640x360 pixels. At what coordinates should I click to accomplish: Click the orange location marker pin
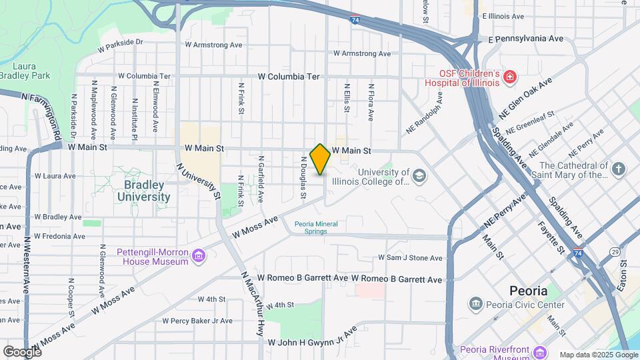coord(320,159)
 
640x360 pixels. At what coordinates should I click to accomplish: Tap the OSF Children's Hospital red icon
coord(510,78)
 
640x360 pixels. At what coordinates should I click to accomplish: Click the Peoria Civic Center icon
coord(476,305)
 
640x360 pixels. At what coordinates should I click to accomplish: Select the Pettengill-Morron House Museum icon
coord(198,257)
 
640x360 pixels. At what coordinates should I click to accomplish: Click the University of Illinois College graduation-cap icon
coord(419,176)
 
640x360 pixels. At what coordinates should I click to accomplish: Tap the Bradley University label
coord(144,191)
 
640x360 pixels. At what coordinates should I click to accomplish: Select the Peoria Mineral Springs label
coord(311,227)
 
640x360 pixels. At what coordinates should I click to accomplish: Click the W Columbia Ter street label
coord(289,77)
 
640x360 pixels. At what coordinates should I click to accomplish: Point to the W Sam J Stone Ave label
coord(410,257)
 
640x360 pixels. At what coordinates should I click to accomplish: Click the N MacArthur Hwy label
coord(253,304)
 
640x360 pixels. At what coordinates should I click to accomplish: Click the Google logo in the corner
coord(22,351)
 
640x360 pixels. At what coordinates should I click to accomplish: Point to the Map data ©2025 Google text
coord(598,355)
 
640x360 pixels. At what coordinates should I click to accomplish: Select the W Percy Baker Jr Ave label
coord(197,321)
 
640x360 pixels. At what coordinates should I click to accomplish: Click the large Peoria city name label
coord(528,291)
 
